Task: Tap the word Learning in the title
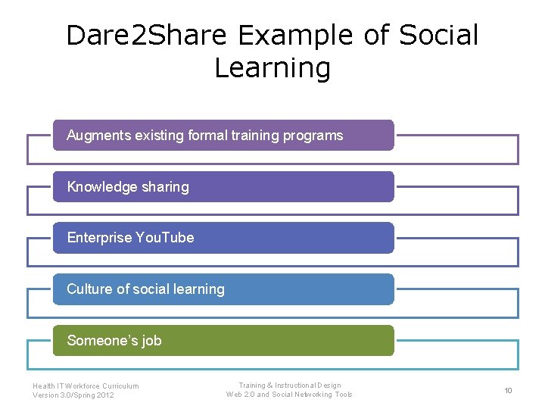click(272, 67)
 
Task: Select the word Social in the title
click(439, 35)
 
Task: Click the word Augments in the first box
click(99, 136)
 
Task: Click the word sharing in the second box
click(163, 187)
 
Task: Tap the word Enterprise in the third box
click(99, 238)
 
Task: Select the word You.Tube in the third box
click(164, 238)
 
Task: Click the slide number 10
click(508, 390)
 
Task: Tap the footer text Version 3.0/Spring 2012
click(73, 395)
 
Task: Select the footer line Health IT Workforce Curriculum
click(86, 386)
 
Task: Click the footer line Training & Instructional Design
click(289, 386)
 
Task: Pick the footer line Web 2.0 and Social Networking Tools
click(289, 395)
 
